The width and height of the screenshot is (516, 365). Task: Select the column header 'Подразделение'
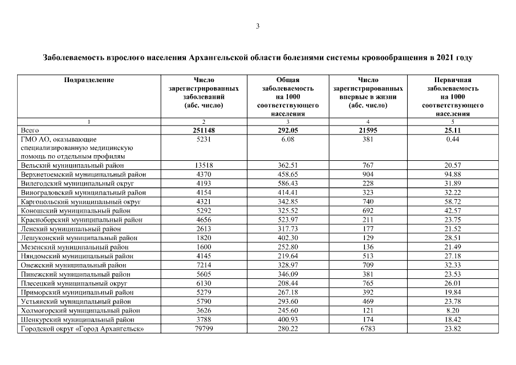(x=89, y=80)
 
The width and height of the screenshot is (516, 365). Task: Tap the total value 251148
(x=204, y=130)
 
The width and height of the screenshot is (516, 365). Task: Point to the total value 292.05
(x=288, y=130)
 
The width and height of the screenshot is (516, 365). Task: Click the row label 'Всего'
(x=30, y=130)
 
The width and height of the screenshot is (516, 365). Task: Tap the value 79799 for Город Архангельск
(x=204, y=329)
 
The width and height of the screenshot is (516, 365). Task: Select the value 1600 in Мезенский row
(x=204, y=247)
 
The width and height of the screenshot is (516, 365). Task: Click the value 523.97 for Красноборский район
(x=288, y=220)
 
